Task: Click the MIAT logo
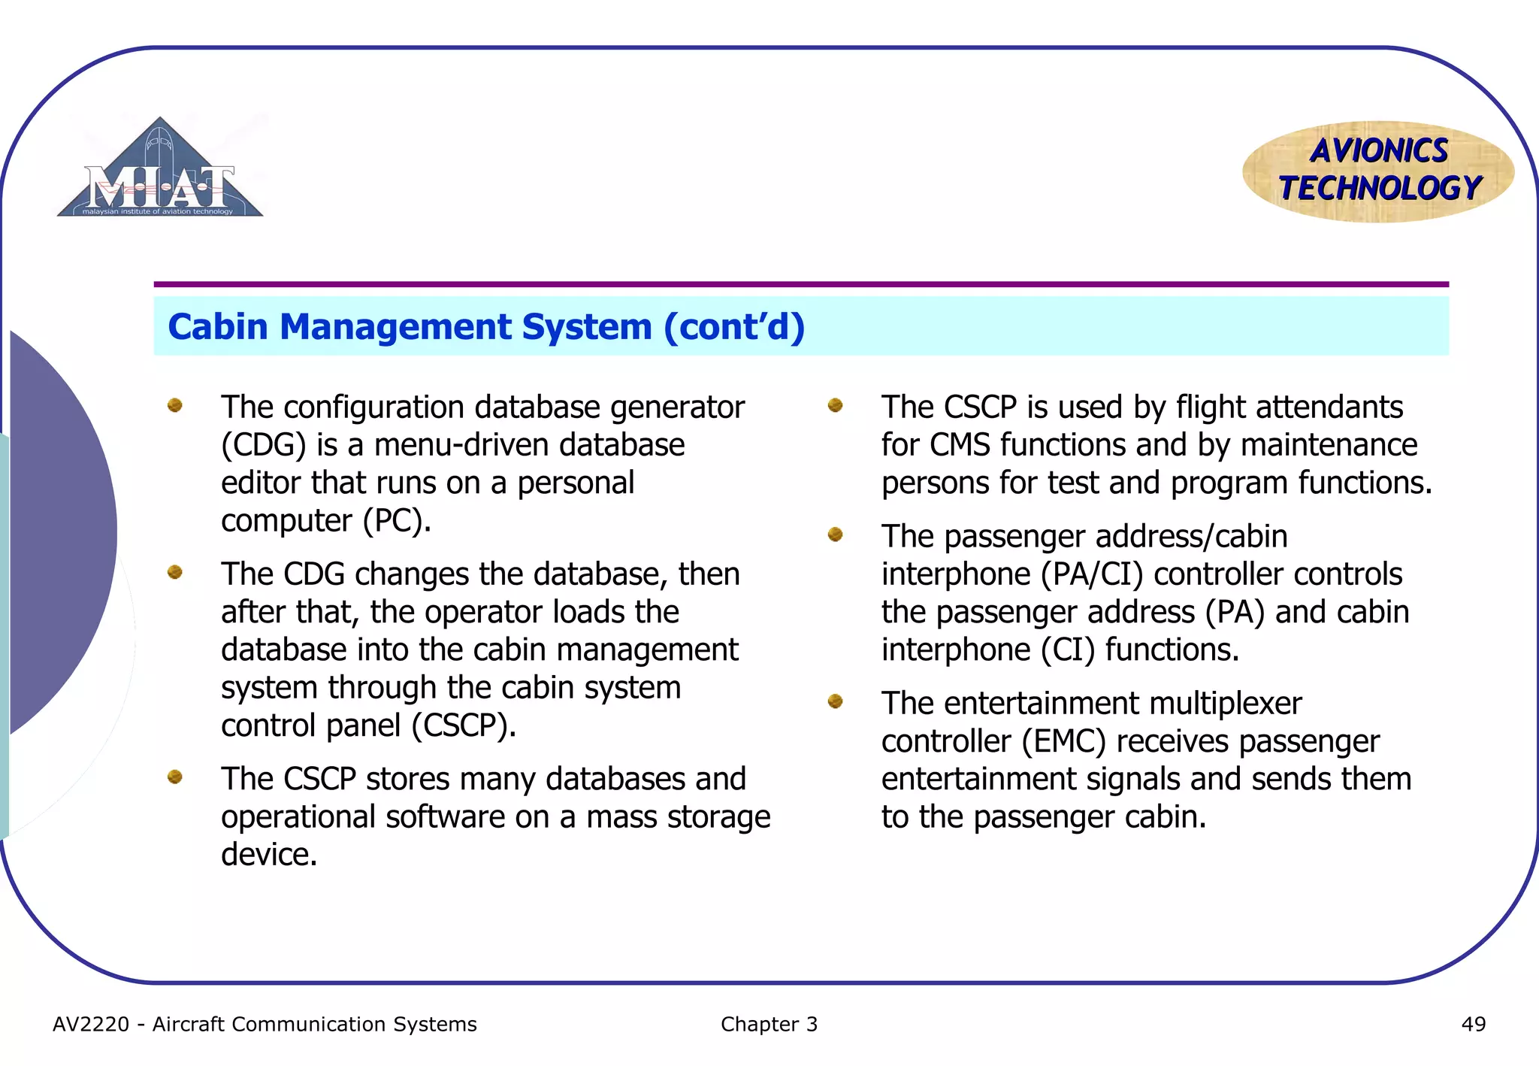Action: (x=160, y=171)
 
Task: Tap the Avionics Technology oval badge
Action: (x=1378, y=171)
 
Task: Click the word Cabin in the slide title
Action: (x=218, y=327)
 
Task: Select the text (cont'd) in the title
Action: (x=734, y=327)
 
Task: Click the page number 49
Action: (x=1473, y=1024)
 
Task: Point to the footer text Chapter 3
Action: (x=768, y=1024)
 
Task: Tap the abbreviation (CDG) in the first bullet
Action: (x=263, y=445)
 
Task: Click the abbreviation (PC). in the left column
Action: (x=397, y=521)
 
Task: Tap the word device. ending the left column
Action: (x=269, y=855)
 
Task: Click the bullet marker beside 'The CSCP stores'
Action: (x=175, y=777)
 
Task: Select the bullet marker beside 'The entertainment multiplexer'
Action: (x=835, y=701)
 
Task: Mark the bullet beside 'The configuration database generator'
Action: (x=175, y=405)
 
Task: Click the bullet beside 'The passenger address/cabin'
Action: (x=835, y=535)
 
